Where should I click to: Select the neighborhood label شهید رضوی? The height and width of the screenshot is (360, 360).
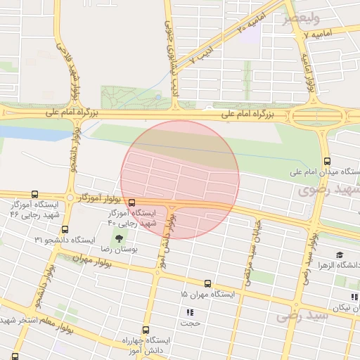[328, 189]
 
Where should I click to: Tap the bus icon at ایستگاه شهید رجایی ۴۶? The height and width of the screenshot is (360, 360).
[35, 194]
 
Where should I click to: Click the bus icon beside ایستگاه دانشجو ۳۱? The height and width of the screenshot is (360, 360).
[65, 229]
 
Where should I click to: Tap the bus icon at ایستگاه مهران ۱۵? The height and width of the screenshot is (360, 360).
[207, 284]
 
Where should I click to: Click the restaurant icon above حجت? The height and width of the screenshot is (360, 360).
[189, 311]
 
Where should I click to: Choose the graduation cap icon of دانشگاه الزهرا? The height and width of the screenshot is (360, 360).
[340, 255]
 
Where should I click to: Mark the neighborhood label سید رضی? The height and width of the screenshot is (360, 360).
[302, 316]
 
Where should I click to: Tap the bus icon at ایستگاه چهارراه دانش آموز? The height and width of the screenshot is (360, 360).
[146, 329]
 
